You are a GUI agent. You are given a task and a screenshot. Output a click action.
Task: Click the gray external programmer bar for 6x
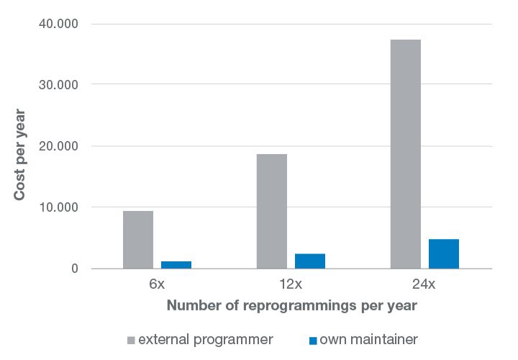point(138,240)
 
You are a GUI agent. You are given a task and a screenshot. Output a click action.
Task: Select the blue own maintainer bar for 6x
point(176,265)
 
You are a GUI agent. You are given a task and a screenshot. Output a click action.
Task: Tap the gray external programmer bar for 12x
point(272,211)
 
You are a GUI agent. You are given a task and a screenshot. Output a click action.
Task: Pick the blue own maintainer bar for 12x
point(310,261)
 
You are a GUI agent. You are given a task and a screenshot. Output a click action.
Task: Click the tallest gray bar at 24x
point(406,154)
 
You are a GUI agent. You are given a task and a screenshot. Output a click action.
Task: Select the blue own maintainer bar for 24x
point(444,253)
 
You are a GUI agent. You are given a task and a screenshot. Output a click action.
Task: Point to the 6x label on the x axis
point(157,284)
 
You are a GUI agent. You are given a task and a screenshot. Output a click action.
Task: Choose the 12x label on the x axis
point(291,284)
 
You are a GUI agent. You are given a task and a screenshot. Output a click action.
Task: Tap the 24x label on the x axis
point(425,284)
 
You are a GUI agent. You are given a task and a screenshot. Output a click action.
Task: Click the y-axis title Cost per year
point(20,155)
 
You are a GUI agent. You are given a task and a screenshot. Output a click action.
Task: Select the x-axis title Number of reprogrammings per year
point(291,305)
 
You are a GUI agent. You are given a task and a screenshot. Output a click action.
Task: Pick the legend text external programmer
point(205,339)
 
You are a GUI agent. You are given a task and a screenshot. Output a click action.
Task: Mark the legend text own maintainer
point(368,339)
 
